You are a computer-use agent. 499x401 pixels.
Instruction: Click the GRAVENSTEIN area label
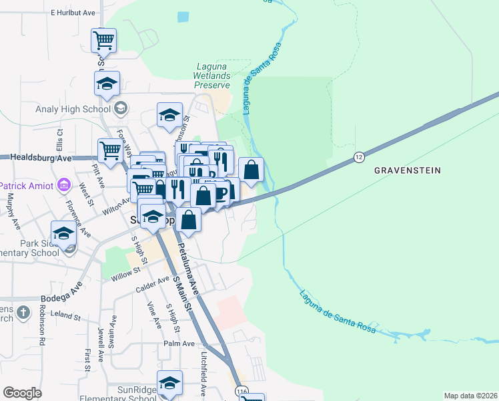[x=407, y=170]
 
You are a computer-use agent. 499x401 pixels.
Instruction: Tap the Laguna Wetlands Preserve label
[x=212, y=76]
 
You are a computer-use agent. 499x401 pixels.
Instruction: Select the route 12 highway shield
[x=358, y=158]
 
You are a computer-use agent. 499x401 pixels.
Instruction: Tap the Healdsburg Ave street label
[x=41, y=158]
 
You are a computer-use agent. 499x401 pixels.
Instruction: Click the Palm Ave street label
[x=179, y=344]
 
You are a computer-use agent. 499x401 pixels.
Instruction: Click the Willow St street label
[x=127, y=271]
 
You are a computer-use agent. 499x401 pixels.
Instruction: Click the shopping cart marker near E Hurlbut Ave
[x=103, y=41]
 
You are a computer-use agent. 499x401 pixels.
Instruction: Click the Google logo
[x=23, y=393]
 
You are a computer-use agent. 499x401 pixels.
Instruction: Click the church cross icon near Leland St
[x=23, y=312]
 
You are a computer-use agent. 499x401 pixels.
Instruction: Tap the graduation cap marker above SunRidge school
[x=169, y=383]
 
